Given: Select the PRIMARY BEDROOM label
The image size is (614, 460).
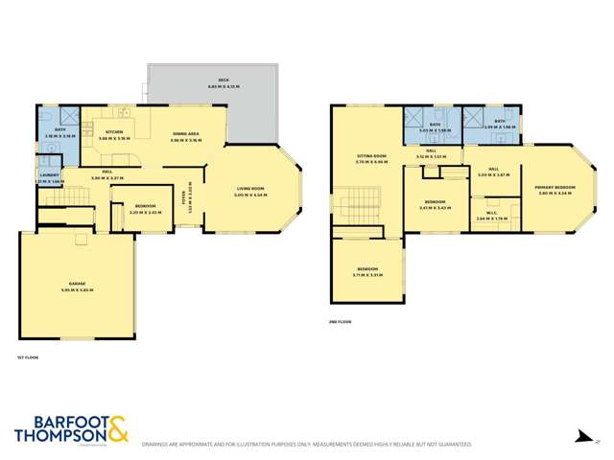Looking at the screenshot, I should click(x=556, y=189).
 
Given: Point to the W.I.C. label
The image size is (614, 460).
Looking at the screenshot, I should click(x=490, y=213).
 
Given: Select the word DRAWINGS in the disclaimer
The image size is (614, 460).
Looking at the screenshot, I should click(x=159, y=445).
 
